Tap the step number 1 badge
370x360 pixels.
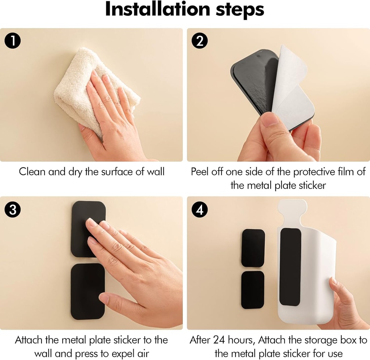pos(13,41)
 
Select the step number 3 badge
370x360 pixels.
pos(13,210)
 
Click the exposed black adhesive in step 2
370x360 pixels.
pos(255,81)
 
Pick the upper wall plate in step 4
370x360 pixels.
pos(253,248)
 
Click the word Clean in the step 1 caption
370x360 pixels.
pos(32,171)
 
